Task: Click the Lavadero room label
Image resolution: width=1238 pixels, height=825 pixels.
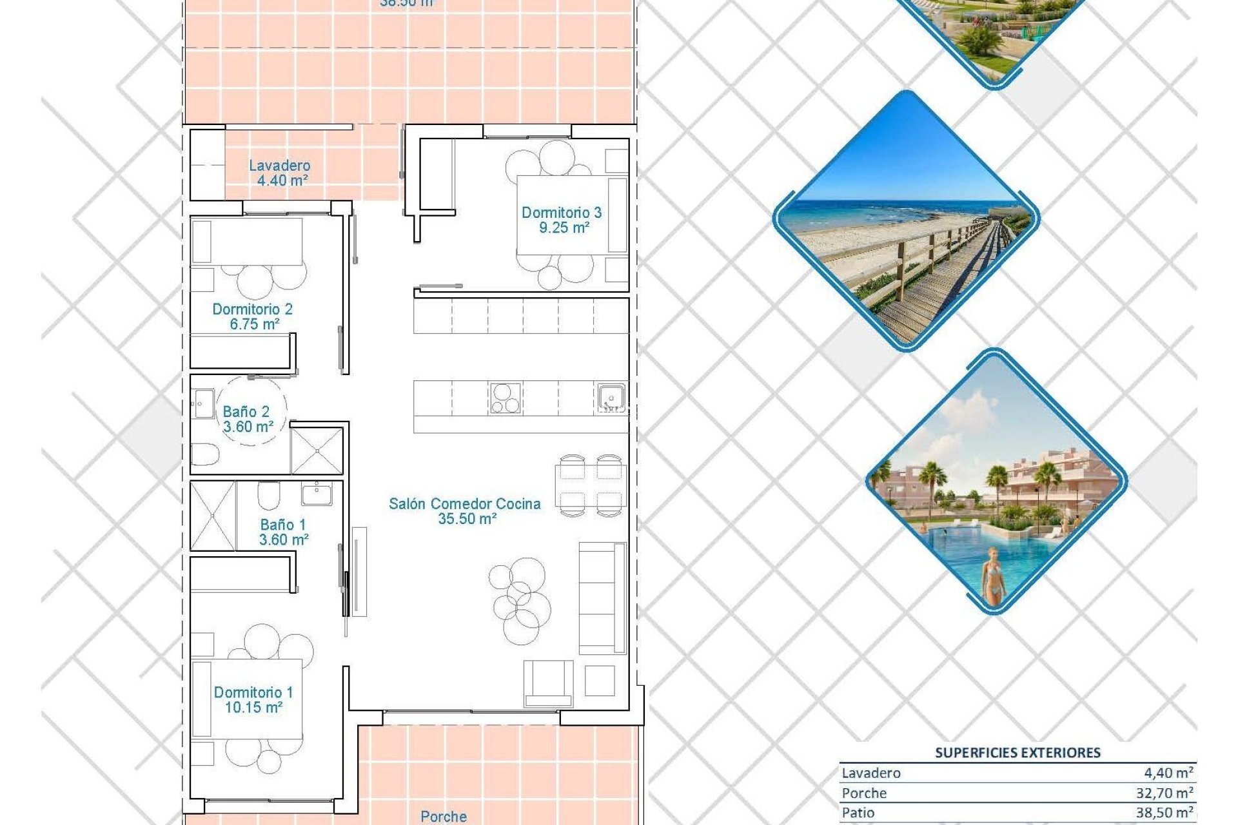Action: point(279,166)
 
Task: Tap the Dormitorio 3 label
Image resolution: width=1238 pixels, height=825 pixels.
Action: point(561,212)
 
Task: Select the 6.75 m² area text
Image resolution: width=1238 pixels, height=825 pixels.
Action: point(254,324)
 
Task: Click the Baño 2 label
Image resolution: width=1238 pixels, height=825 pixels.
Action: point(246,411)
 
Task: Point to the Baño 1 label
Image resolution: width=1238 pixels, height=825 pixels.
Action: point(282,525)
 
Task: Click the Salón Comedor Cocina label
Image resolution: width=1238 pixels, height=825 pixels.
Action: point(464,503)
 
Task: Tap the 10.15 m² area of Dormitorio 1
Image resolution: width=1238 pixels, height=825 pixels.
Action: point(253,708)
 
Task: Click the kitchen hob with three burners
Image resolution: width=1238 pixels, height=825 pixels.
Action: point(505,397)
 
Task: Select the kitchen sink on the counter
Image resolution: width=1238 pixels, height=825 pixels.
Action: point(610,397)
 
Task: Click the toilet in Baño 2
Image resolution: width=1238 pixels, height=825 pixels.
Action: point(205,454)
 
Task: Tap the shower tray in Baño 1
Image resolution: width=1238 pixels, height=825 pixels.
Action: point(213,516)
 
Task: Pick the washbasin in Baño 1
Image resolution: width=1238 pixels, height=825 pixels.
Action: point(316,494)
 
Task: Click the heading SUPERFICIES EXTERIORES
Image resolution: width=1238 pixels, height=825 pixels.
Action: point(1017,752)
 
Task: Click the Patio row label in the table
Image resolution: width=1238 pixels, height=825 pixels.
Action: point(858,813)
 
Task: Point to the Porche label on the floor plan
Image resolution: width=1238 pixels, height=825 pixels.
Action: point(443,816)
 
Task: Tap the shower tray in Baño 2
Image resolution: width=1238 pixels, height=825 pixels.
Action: point(317,451)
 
